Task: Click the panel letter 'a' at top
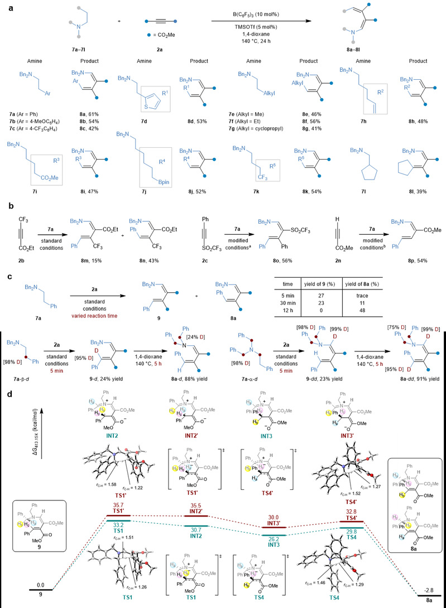click(x=6, y=5)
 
